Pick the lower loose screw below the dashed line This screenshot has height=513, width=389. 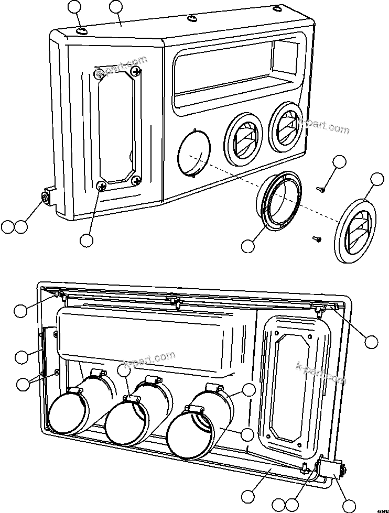pyautogui.click(x=317, y=238)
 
